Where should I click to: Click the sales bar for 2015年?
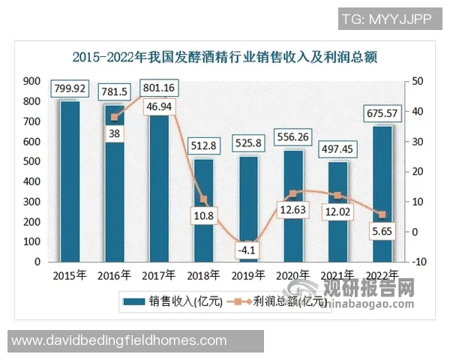70,181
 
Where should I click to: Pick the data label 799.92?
70,89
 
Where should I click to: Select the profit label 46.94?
158,108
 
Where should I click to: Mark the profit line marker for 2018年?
204,199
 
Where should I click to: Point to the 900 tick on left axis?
31,81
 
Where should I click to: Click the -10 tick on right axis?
416,262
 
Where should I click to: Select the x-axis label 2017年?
159,274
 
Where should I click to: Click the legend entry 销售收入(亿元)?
176,301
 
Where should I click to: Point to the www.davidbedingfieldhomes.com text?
119,340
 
